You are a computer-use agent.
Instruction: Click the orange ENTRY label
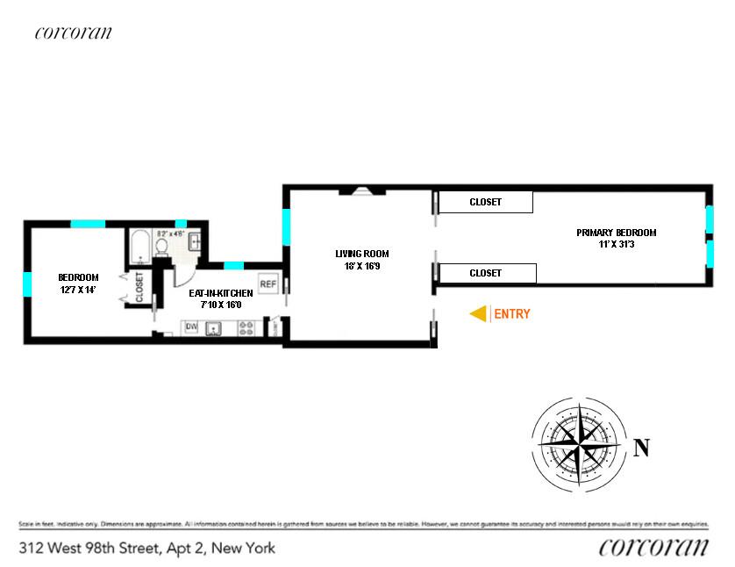tap(513, 313)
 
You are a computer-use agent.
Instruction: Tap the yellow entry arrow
tap(479, 313)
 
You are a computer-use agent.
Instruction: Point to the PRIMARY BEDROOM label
tap(616, 233)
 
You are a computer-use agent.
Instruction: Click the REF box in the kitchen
tap(268, 284)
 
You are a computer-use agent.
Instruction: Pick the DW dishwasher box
tap(191, 328)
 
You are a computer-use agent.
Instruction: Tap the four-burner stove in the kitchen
tap(247, 328)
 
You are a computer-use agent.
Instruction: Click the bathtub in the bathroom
tap(139, 247)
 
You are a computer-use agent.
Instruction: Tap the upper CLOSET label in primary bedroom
tap(485, 202)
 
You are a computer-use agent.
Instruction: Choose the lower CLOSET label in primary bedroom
tap(486, 273)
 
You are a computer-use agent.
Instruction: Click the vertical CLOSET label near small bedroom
tap(139, 287)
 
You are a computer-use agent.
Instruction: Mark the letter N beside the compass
tap(641, 448)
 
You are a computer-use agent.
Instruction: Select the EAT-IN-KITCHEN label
tap(220, 293)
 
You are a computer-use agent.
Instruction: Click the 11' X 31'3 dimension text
tap(616, 245)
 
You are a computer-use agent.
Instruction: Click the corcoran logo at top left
tap(74, 33)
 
